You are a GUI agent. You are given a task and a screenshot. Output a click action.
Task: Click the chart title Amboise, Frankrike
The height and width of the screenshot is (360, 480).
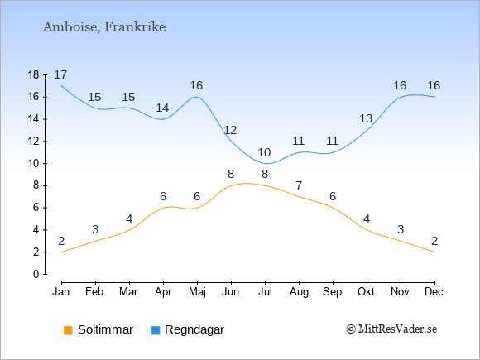[104, 27]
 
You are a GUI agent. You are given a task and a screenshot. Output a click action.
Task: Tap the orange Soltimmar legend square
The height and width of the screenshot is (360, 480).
[68, 330]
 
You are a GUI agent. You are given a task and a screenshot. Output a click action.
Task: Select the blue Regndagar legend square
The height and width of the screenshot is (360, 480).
[156, 330]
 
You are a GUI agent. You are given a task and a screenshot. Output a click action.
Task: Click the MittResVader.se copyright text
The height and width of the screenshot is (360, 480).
[391, 329]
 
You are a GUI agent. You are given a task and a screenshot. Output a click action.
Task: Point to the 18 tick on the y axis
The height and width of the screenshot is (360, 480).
[34, 75]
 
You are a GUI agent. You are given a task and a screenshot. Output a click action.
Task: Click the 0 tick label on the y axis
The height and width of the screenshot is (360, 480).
[36, 274]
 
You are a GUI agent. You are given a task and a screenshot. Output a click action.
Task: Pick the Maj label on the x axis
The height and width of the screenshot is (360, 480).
[197, 292]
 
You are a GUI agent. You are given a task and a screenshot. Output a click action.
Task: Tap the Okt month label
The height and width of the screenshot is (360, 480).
[366, 292]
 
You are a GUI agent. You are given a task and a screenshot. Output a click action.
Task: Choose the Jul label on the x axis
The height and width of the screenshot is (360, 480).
[265, 292]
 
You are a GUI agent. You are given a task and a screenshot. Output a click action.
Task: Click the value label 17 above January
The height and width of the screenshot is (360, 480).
[60, 74]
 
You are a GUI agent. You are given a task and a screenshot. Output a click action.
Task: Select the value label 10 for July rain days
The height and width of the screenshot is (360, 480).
[264, 152]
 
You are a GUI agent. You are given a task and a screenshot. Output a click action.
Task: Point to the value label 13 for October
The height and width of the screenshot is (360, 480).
[366, 118]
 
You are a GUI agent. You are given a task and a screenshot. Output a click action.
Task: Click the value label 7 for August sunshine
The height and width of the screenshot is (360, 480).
[299, 185]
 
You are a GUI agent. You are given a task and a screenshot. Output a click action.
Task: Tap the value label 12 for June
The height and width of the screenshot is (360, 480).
[230, 131]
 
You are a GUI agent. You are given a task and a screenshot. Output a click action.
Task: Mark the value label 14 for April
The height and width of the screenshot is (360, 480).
[162, 108]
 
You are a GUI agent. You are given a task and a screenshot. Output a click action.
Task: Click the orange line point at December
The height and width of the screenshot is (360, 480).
[434, 252]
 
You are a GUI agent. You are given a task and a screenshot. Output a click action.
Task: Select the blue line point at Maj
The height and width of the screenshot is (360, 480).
[197, 97]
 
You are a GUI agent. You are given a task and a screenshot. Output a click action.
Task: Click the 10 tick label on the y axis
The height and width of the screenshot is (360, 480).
[34, 164]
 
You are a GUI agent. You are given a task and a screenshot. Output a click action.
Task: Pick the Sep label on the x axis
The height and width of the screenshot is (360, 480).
[333, 292]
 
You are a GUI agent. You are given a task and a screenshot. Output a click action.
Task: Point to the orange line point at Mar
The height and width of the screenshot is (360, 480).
[129, 230]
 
